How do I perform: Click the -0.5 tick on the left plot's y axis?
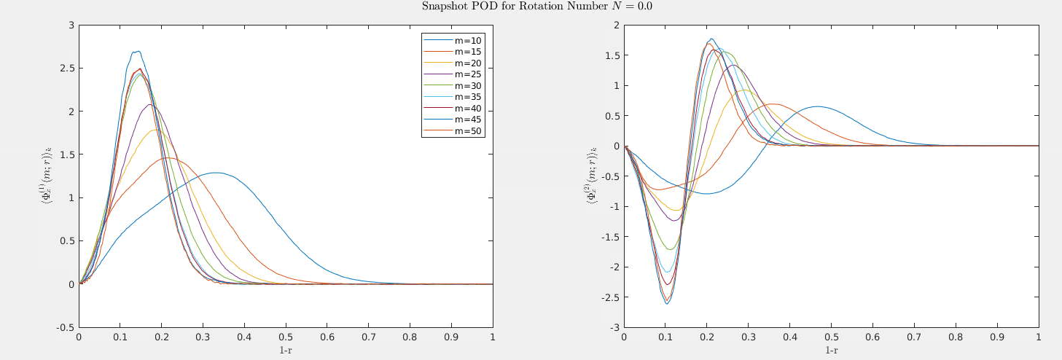point(66,327)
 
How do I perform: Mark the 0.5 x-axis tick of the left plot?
point(286,337)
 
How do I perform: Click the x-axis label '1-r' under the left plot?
point(286,350)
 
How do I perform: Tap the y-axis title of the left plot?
point(45,176)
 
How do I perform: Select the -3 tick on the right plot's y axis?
point(614,327)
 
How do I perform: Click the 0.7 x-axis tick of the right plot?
point(914,337)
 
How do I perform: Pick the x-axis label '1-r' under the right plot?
point(831,350)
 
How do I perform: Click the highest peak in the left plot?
point(136,51)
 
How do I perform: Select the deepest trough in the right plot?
point(666,303)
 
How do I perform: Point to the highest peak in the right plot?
point(711,39)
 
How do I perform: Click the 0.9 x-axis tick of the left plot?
point(451,337)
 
